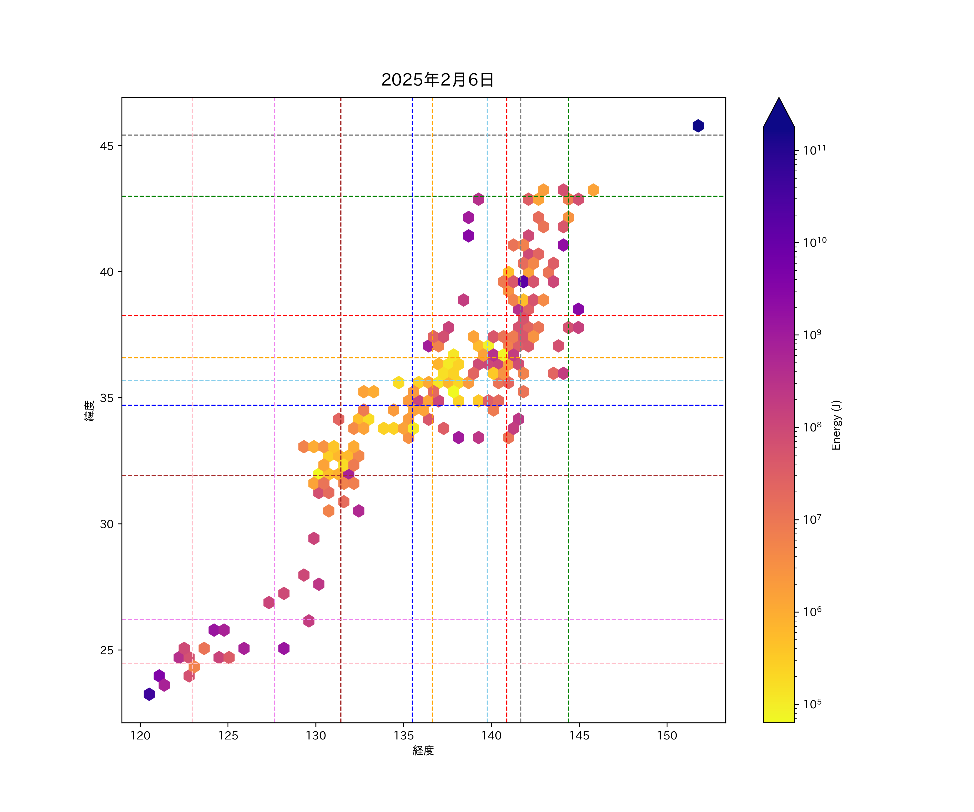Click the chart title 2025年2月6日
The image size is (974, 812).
(x=437, y=80)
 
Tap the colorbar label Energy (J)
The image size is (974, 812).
(x=836, y=425)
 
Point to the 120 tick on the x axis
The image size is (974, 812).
(x=140, y=735)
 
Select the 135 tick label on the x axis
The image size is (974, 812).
(x=403, y=735)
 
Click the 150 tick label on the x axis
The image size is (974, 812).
(x=667, y=735)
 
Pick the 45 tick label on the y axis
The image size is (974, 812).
(x=106, y=146)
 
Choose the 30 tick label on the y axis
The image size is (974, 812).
(x=106, y=524)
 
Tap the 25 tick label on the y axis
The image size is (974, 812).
(x=106, y=650)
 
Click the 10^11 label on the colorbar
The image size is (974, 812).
(x=814, y=150)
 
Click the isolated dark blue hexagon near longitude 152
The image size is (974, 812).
(x=698, y=126)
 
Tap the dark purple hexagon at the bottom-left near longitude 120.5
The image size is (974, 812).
(x=149, y=694)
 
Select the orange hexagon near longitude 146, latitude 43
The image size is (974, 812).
(x=593, y=190)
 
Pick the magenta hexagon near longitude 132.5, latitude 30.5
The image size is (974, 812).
(x=358, y=511)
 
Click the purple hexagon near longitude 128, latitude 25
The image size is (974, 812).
(x=284, y=648)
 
